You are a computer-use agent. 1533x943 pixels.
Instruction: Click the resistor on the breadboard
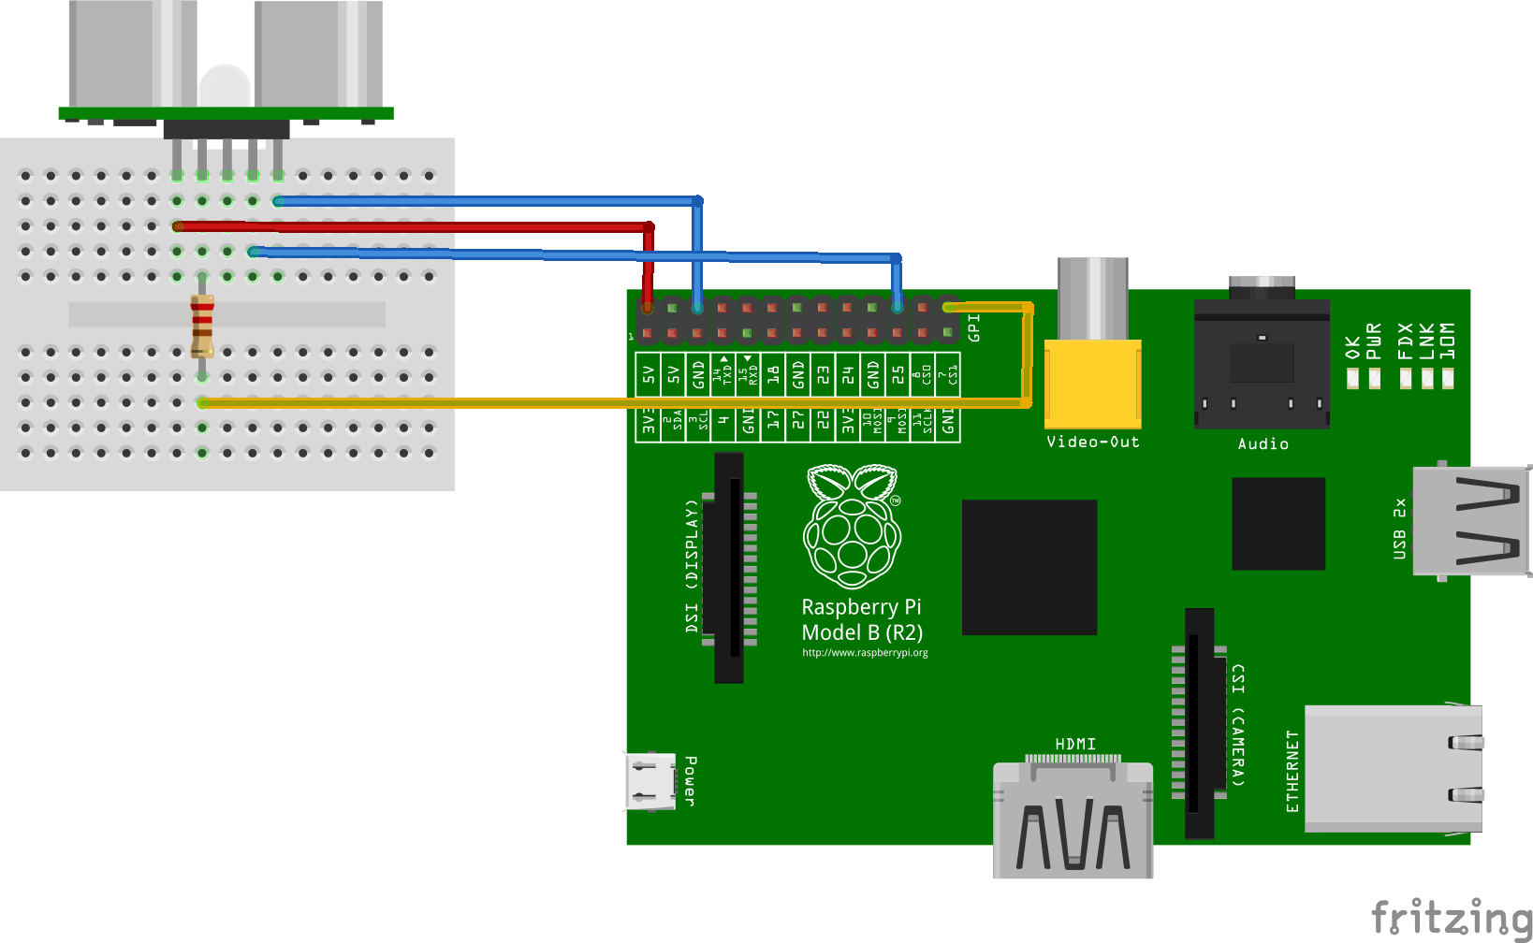(202, 326)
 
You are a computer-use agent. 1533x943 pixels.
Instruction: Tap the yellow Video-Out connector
(1092, 383)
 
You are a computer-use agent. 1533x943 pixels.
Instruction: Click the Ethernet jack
(1394, 768)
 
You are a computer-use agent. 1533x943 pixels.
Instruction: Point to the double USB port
(1470, 520)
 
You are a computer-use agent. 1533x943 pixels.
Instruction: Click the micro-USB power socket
(650, 781)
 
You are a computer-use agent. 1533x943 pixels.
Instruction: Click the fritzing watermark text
(1451, 917)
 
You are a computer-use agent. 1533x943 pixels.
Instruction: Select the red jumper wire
(412, 226)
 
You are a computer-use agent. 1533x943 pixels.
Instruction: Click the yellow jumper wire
(608, 403)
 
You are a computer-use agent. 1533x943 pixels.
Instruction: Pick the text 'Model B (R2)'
(862, 632)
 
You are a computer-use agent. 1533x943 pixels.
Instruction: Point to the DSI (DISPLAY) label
(692, 566)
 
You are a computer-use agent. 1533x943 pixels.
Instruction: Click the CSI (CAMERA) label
(1238, 725)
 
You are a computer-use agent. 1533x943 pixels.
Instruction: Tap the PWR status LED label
(1374, 341)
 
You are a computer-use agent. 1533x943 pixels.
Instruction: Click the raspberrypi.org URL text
(865, 653)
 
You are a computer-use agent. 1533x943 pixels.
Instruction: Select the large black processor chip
(1029, 567)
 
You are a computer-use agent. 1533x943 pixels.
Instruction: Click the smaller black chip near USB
(1278, 523)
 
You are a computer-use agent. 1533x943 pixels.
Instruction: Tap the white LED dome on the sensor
(225, 86)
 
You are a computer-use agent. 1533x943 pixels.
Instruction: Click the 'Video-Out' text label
(1093, 442)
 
